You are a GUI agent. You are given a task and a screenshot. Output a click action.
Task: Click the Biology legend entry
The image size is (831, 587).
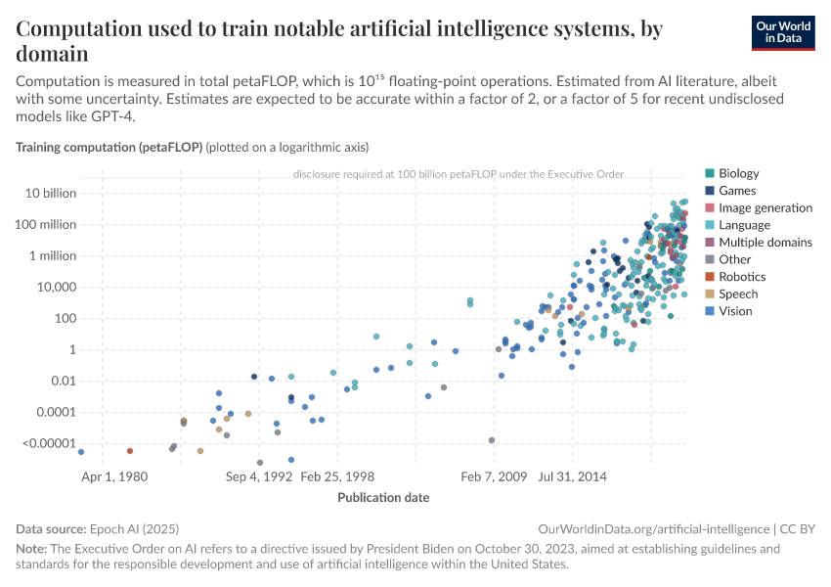coord(738,173)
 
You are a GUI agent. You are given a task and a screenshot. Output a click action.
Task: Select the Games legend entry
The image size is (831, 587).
coord(736,191)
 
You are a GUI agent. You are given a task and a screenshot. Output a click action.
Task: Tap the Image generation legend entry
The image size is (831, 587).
coord(765,207)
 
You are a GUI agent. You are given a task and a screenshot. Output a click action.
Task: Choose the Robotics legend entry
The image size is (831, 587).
coord(741,277)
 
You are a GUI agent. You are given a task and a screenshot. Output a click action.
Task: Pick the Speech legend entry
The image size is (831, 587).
coord(738,293)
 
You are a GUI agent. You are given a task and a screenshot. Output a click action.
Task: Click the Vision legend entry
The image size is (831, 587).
coord(735,311)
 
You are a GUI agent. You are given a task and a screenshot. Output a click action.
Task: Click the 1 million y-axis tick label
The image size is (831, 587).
coord(51,255)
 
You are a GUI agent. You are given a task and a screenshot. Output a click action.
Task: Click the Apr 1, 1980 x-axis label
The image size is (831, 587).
coord(114,476)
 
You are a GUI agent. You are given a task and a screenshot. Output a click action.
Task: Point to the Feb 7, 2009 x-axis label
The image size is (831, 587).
coord(495,476)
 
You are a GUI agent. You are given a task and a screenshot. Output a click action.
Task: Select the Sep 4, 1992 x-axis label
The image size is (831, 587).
coord(259,476)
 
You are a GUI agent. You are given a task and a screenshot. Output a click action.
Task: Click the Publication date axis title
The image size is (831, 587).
coord(383,498)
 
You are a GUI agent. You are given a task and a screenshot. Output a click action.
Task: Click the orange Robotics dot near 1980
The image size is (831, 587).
coord(130,451)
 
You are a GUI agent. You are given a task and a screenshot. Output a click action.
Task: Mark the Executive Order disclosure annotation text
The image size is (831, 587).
coord(458,175)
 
